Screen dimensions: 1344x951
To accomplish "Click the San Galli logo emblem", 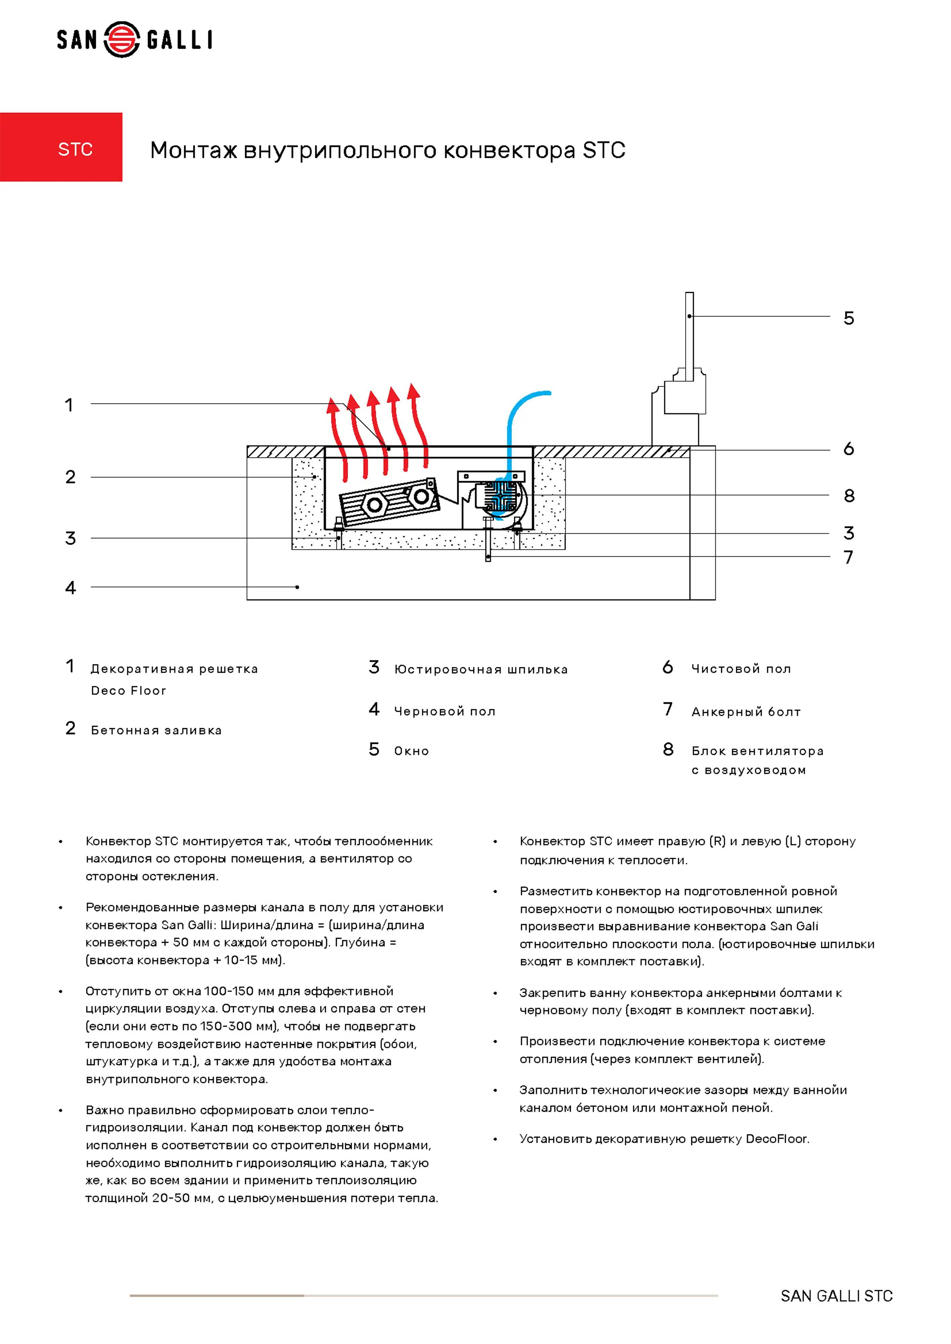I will click(x=122, y=40).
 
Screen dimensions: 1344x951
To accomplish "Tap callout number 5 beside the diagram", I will click(x=848, y=319).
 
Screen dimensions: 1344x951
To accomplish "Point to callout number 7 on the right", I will click(x=848, y=557).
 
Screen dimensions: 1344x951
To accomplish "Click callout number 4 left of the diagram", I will click(x=70, y=588).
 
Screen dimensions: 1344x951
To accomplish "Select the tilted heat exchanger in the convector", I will click(x=389, y=501).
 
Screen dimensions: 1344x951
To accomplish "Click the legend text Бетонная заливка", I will click(x=156, y=730).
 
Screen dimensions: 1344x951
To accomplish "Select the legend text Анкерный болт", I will click(x=746, y=712).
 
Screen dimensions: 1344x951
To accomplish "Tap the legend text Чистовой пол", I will click(x=741, y=669).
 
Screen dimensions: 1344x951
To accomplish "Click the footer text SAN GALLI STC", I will click(x=836, y=1296).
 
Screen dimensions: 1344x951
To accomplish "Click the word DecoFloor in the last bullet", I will click(x=777, y=1139).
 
